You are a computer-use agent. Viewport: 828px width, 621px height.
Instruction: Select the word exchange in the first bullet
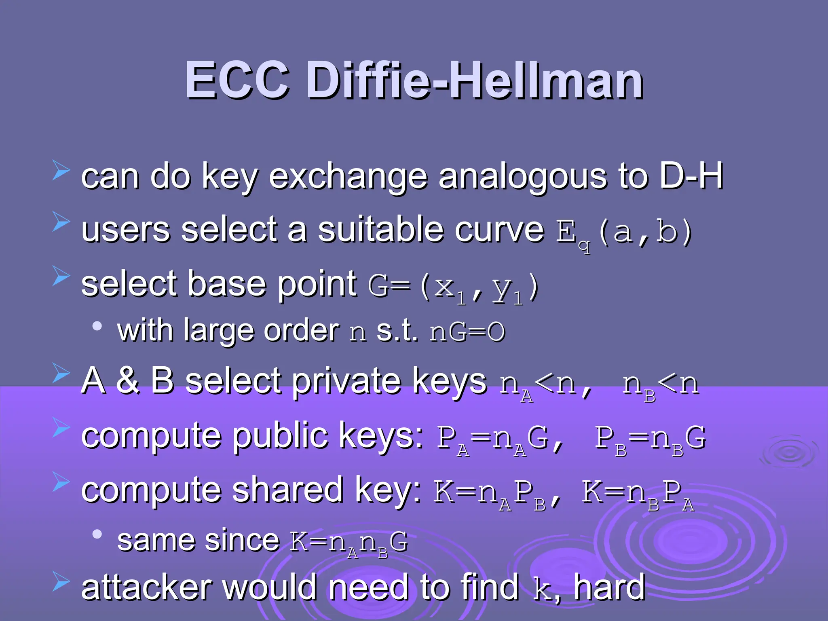pyautogui.click(x=348, y=177)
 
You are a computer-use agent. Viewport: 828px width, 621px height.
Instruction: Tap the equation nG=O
pyautogui.click(x=467, y=332)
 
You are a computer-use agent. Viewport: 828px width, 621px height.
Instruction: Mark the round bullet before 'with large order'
pyautogui.click(x=97, y=326)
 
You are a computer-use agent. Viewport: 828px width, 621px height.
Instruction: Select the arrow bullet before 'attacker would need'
pyautogui.click(x=61, y=582)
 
